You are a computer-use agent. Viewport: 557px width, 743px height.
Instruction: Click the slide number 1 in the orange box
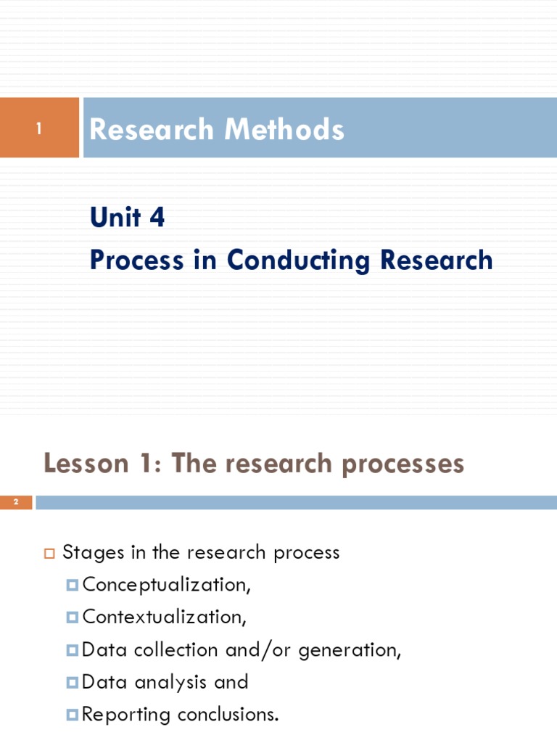(40, 129)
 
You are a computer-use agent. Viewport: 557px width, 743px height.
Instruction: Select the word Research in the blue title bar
(152, 130)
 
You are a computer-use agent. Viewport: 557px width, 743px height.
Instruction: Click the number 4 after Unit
(157, 217)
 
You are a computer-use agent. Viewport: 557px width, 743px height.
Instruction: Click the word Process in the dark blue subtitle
(136, 260)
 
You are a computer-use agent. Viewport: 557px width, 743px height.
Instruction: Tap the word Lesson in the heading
(85, 463)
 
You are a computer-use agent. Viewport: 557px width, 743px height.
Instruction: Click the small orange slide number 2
(15, 502)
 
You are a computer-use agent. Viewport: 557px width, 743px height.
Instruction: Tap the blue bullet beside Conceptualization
(72, 584)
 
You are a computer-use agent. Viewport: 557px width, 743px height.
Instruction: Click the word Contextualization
(163, 617)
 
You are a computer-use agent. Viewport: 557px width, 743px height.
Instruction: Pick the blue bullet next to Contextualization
(72, 617)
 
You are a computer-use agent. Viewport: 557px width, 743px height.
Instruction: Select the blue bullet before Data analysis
(72, 682)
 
